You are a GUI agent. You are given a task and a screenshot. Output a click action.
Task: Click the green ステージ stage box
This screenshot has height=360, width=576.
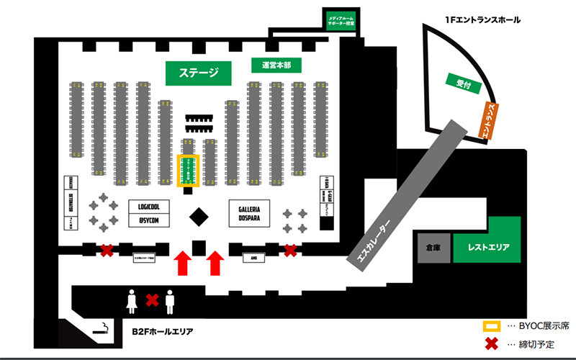[198, 72]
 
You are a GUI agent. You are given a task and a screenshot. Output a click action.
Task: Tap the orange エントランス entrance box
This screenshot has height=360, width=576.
[490, 120]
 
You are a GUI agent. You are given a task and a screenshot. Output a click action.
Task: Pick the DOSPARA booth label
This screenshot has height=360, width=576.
[249, 217]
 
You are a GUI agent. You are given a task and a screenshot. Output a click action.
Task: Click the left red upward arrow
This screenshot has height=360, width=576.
[184, 262]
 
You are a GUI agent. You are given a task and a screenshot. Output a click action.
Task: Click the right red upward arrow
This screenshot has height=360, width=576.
[215, 262]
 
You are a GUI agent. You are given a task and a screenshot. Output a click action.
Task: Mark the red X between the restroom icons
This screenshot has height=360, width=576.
[152, 299]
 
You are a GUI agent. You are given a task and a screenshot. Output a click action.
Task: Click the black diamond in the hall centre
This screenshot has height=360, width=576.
[199, 215]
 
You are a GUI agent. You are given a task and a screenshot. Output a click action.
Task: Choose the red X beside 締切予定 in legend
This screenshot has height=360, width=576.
[491, 343]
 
